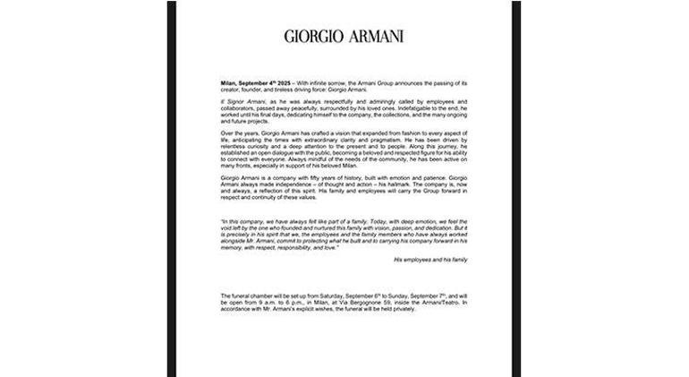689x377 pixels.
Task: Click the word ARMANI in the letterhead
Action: tap(374, 37)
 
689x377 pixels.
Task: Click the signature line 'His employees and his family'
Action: tap(430, 259)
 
